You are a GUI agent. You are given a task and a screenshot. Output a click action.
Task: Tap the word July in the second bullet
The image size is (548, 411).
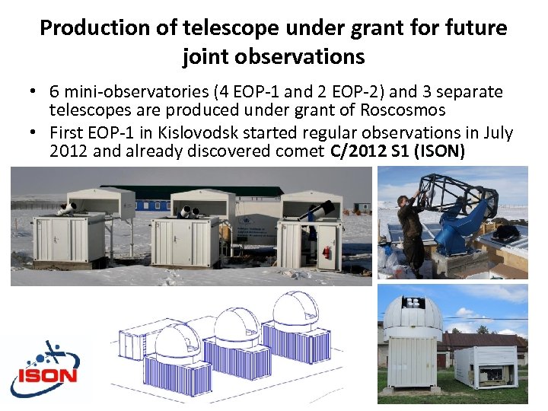(498, 133)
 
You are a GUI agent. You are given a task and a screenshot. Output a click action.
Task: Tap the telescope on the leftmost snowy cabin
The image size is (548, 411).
(67, 207)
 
